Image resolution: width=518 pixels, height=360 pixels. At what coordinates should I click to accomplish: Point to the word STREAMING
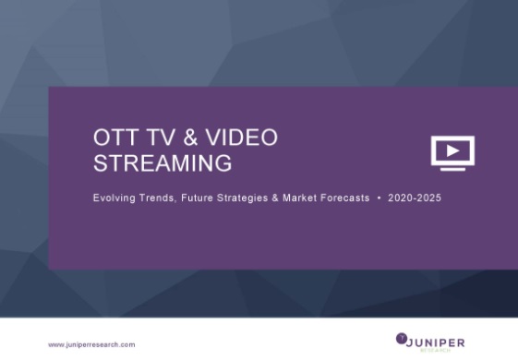[163, 164]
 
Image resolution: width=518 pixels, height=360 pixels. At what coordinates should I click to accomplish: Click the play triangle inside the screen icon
[452, 150]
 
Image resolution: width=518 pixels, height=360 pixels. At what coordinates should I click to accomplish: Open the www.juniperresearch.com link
[91, 344]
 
